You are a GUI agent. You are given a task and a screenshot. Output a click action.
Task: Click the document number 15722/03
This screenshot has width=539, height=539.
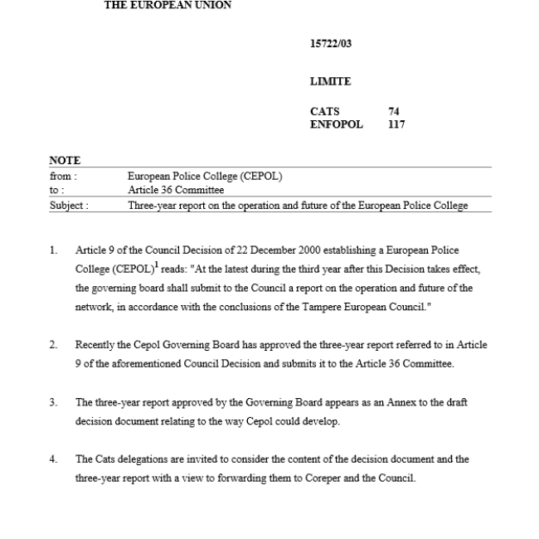point(331,44)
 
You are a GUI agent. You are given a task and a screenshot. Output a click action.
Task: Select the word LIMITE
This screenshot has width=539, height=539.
point(330,82)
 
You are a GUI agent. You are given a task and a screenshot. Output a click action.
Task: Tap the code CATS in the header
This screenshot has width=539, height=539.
point(324,112)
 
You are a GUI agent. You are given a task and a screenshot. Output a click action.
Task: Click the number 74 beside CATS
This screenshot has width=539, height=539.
point(394,112)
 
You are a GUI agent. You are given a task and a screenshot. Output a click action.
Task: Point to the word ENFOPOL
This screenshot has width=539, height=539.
point(336,125)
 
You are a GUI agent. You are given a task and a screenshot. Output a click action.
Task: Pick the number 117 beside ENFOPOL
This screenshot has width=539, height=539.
point(396,125)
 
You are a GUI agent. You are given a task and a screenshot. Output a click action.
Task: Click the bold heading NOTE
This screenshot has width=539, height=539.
point(65,161)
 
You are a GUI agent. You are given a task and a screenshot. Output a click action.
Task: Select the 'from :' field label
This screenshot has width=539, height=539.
point(63,176)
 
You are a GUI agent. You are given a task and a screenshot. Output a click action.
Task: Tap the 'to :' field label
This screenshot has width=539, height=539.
point(57,190)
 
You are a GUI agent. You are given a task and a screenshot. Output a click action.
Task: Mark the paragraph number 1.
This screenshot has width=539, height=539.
point(53,250)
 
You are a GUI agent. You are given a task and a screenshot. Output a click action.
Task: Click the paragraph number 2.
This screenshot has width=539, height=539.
point(53,344)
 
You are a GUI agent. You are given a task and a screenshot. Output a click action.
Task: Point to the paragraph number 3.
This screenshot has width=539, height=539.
point(53,402)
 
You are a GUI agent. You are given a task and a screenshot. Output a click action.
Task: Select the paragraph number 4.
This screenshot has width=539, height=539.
point(53,459)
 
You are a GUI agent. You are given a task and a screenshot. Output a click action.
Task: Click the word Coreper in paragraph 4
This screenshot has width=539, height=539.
point(335,478)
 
